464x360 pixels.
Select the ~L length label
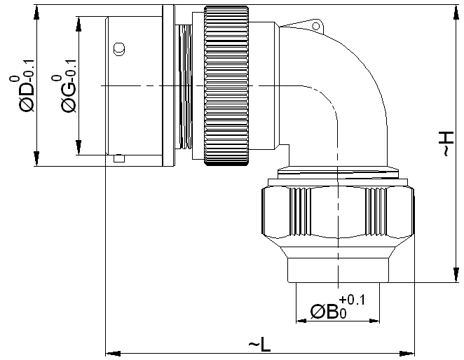click(259, 345)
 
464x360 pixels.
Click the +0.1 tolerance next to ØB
click(352, 300)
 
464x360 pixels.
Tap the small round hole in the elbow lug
click(316, 27)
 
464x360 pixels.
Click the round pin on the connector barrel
click(119, 49)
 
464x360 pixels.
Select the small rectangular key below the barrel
click(119, 158)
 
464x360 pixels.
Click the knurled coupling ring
click(226, 85)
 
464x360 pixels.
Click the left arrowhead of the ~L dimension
click(113, 353)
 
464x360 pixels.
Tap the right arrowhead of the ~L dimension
click(407, 353)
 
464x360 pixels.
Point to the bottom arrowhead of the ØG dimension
click(79, 148)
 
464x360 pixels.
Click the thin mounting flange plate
click(169, 85)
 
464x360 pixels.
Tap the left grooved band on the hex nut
click(299, 212)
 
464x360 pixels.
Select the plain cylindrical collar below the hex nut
click(339, 270)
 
